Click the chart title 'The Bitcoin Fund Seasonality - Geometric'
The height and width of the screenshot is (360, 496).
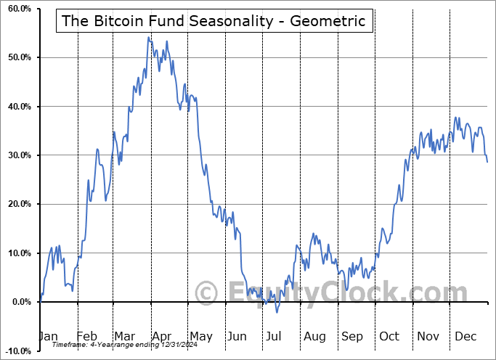[214, 20]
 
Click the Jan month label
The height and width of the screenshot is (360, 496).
[48, 337]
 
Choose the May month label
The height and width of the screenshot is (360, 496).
[200, 337]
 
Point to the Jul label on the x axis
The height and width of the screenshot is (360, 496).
[275, 337]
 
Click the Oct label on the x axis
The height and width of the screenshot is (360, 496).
[389, 337]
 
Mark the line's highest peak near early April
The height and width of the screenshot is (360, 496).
[148, 37]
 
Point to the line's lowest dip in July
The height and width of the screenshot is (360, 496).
[277, 312]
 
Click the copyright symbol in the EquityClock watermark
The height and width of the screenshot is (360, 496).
[208, 292]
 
